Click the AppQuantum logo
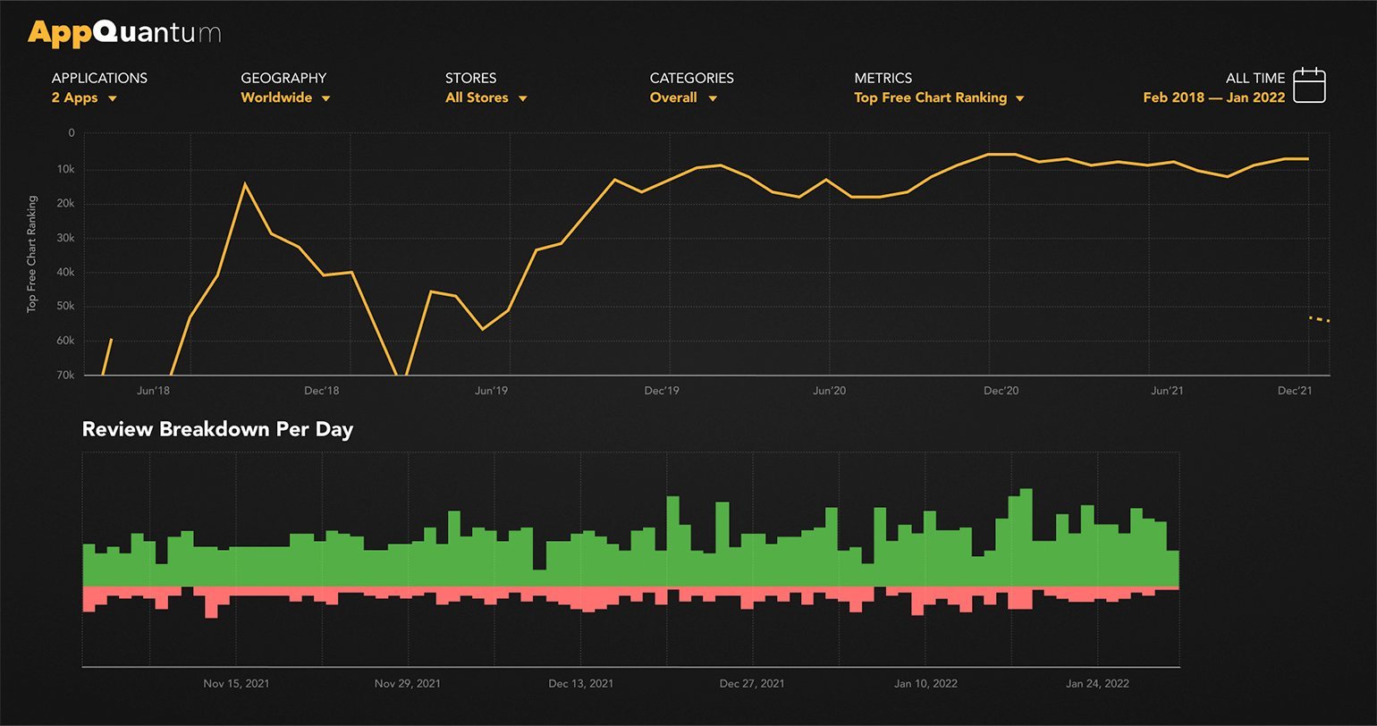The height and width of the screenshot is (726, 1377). click(124, 33)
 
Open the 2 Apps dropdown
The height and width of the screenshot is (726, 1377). click(84, 97)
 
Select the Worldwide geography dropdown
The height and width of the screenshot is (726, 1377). click(285, 97)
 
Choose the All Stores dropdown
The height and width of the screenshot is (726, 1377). click(486, 97)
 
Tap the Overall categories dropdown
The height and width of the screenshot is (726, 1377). click(683, 97)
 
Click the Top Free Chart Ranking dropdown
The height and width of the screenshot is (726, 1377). click(939, 97)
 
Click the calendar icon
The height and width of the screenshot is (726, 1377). click(1310, 85)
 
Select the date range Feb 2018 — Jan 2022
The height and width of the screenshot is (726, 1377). click(1213, 97)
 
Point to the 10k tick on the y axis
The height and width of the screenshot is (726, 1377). click(65, 169)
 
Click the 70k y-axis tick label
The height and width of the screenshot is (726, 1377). click(65, 376)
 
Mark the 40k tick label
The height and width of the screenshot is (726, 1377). click(65, 273)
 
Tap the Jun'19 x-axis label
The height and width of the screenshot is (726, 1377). click(491, 391)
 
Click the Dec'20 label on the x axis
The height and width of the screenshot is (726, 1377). click(1001, 391)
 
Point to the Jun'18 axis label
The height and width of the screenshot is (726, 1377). click(153, 391)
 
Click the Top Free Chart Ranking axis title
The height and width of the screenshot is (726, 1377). click(32, 254)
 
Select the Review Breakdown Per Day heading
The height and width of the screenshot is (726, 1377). click(217, 429)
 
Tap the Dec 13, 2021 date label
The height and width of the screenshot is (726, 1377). click(580, 684)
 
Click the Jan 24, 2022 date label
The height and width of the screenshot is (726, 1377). click(1097, 684)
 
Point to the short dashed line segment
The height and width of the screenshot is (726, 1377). click(1319, 319)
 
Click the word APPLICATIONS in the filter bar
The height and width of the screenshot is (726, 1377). click(99, 78)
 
